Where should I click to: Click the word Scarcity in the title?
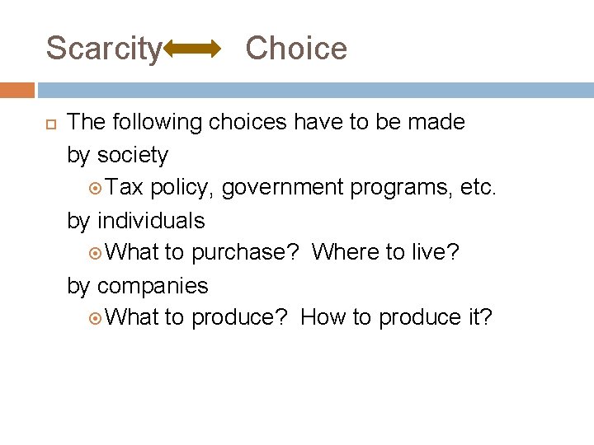click(x=104, y=49)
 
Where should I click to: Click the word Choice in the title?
click(x=296, y=49)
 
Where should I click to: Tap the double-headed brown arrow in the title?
click(x=193, y=50)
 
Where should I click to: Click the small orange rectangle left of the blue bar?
click(x=17, y=90)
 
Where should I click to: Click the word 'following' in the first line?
click(x=159, y=123)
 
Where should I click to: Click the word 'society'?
click(x=133, y=156)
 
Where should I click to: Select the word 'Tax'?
click(x=125, y=188)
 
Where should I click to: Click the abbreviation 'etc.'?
click(x=477, y=188)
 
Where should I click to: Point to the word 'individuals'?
click(x=151, y=221)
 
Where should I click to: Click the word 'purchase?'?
click(x=244, y=253)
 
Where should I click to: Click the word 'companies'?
click(x=153, y=286)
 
